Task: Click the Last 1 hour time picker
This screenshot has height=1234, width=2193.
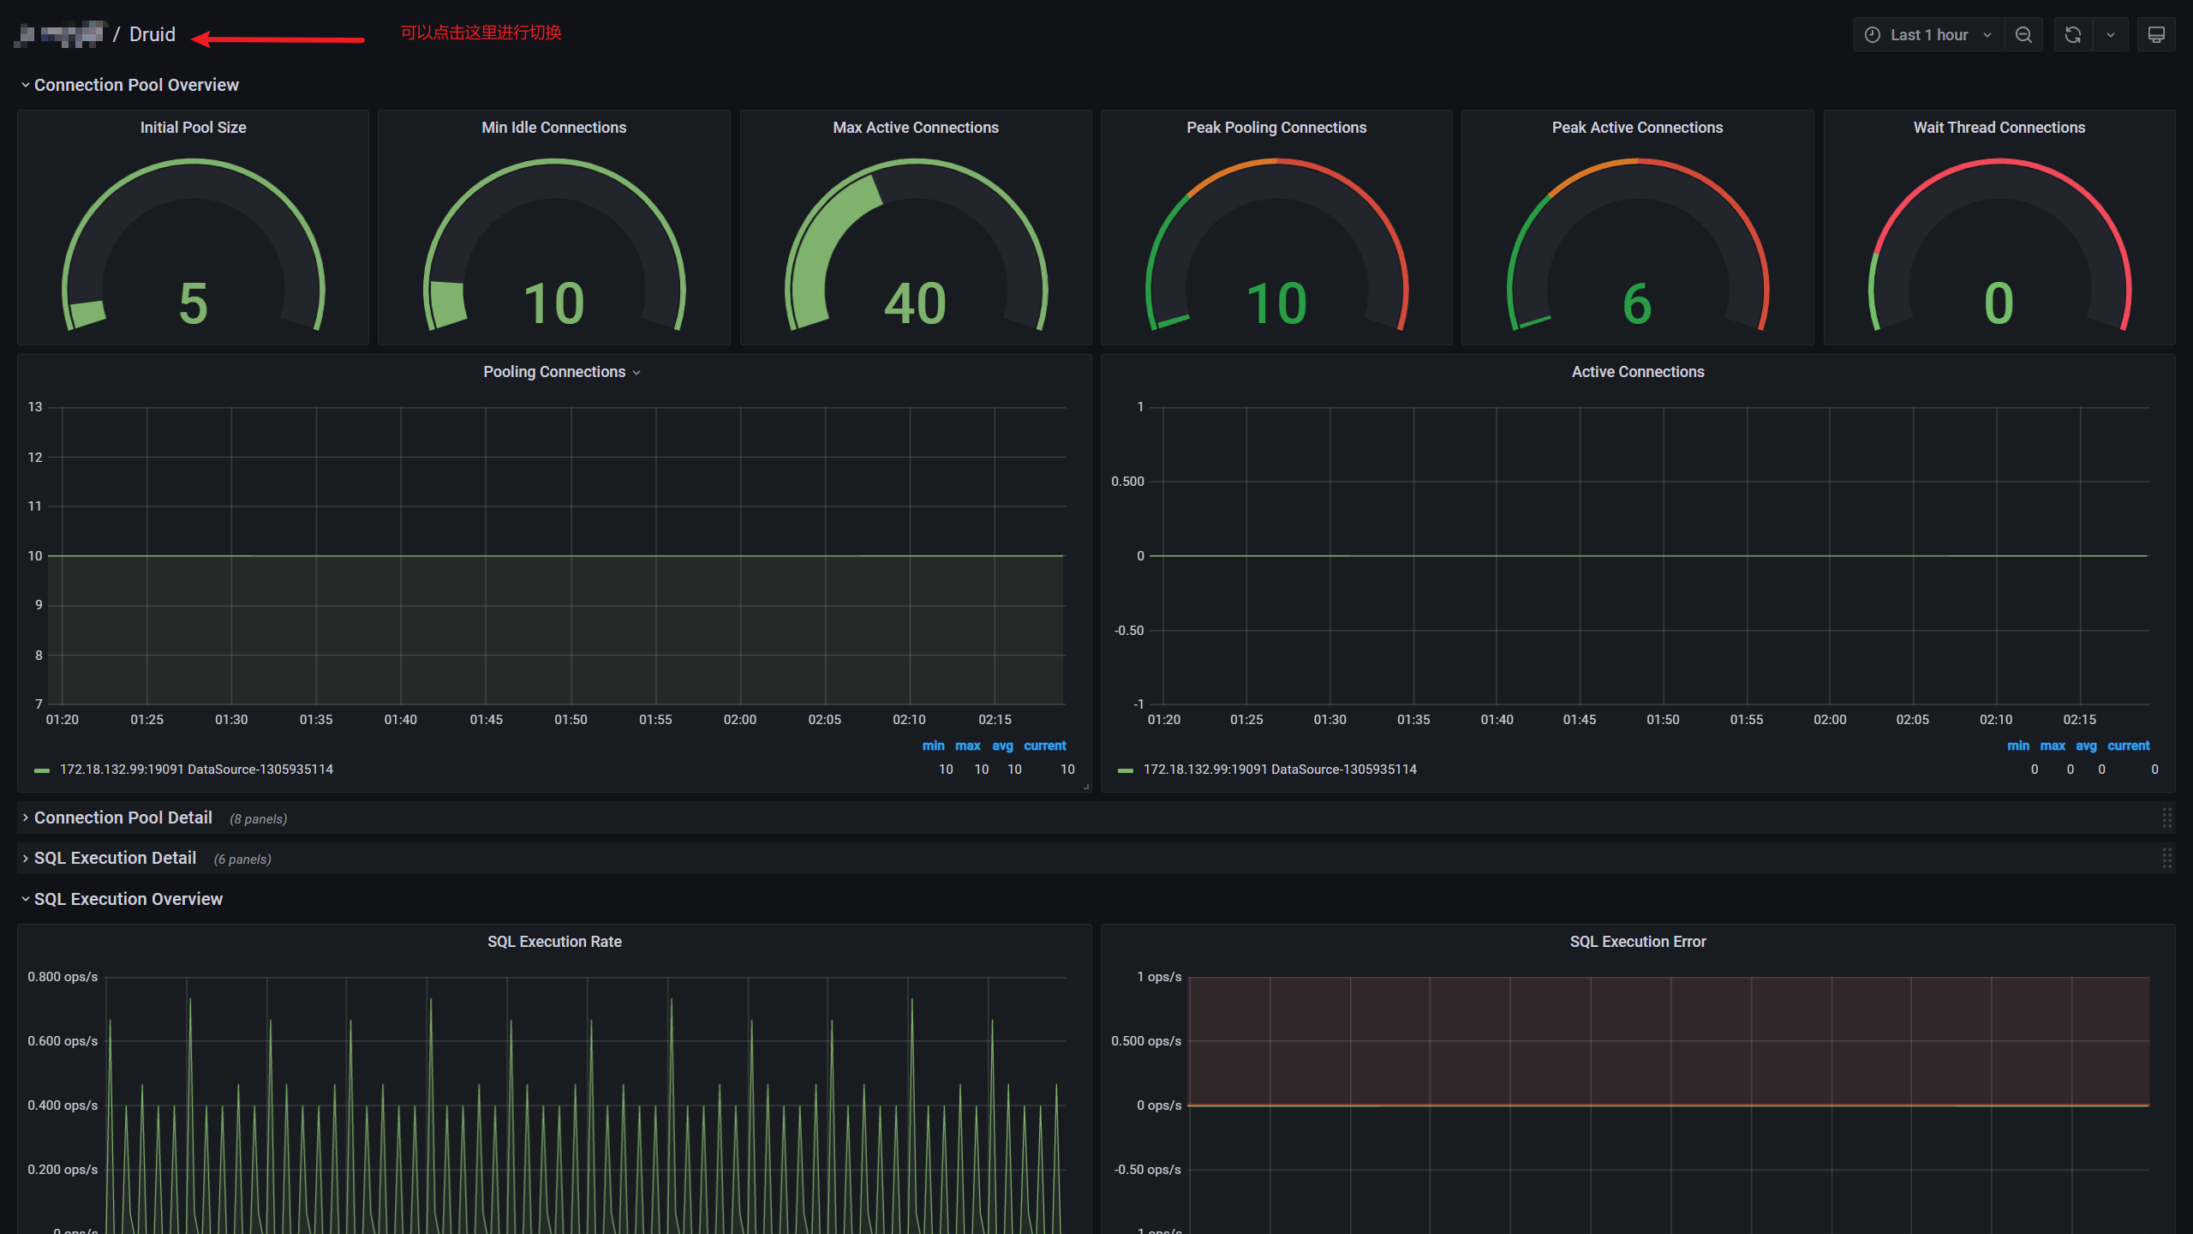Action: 1928,35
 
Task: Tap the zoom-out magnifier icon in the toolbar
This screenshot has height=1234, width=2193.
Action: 2023,35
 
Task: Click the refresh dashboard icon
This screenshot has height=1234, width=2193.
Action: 2072,35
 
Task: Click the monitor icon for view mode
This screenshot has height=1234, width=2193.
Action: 2156,35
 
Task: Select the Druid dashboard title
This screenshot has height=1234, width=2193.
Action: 152,34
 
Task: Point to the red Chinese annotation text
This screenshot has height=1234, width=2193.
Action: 481,33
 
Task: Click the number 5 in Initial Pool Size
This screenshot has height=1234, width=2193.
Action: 193,303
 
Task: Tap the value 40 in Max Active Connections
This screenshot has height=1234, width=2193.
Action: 915,303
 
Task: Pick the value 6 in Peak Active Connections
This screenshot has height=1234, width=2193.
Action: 1637,303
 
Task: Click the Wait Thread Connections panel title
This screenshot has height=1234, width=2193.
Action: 1999,128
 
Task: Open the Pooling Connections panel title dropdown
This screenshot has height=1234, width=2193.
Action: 561,372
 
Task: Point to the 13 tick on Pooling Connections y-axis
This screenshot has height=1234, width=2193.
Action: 35,407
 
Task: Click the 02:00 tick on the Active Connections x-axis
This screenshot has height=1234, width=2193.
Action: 1830,720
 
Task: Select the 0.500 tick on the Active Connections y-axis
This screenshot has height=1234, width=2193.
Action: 1127,482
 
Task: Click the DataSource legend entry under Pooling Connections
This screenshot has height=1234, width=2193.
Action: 196,770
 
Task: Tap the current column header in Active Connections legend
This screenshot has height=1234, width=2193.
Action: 2128,746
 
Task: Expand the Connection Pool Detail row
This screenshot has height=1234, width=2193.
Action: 122,818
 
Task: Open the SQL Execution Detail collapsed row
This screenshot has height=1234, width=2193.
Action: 115,858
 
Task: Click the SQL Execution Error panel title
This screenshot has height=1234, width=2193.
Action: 1637,942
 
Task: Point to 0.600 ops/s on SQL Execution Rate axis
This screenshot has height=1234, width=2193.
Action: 63,1041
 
